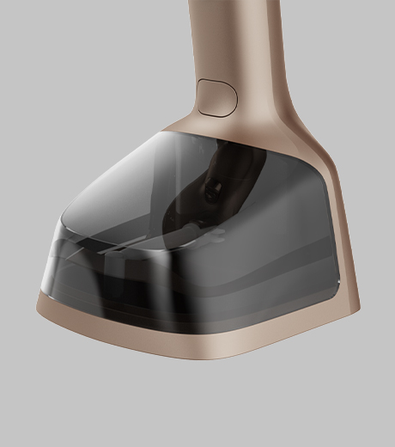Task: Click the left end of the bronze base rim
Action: click(41, 301)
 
